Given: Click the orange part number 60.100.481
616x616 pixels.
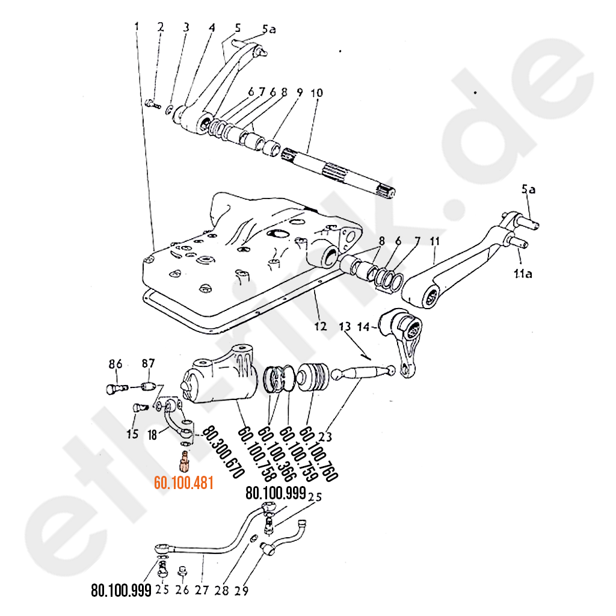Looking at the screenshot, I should click(184, 482).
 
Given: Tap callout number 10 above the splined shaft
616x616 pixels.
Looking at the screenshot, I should click(316, 93).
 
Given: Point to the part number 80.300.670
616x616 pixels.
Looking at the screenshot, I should click(223, 451).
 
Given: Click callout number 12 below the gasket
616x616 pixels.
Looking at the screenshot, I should click(320, 326).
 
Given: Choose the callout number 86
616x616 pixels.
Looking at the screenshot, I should click(115, 363).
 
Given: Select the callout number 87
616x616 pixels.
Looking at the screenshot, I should click(148, 363).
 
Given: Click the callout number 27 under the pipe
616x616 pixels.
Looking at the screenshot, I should click(202, 590).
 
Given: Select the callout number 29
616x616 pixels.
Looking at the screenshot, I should click(241, 591).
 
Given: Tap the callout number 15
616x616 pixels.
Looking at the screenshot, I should click(132, 433).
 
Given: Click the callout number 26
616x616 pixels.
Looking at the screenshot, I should click(182, 590).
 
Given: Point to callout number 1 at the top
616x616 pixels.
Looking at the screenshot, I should click(137, 26).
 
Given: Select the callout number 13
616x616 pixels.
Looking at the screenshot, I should click(345, 327).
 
